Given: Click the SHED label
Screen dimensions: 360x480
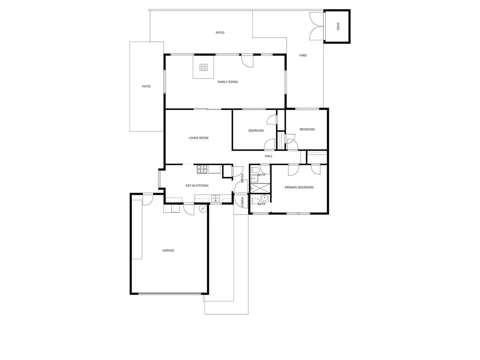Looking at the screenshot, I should click(x=338, y=27).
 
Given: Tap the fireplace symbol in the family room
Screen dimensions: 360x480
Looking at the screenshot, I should click(x=204, y=68).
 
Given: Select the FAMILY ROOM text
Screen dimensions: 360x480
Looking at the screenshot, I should click(x=228, y=82).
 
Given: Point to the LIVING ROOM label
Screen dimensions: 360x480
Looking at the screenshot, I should click(x=198, y=138).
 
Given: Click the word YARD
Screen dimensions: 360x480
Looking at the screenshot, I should click(x=303, y=55).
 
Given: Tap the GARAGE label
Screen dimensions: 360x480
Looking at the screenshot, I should click(x=168, y=251).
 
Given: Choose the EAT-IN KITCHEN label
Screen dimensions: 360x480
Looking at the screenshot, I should click(x=197, y=186).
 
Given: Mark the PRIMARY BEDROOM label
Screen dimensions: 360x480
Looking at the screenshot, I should click(x=299, y=187).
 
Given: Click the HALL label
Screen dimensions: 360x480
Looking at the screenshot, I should click(x=268, y=156).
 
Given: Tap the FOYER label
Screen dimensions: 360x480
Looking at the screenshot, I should click(x=242, y=177).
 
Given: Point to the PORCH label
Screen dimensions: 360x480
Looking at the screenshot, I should click(x=242, y=201).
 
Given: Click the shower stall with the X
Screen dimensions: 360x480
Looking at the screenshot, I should click(x=260, y=188).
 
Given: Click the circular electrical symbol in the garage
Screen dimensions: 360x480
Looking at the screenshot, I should click(x=203, y=209).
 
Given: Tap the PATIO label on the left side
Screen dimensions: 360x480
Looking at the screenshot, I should click(x=146, y=86).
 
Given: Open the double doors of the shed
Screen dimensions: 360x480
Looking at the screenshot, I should click(x=317, y=27).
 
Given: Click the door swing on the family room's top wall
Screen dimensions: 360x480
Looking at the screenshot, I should click(x=247, y=60).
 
